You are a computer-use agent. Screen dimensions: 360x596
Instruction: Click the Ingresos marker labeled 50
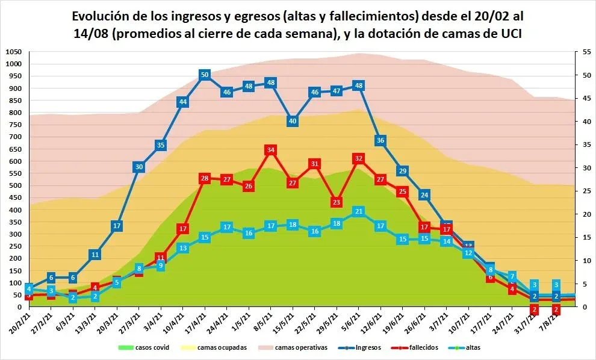pyautogui.click(x=205, y=75)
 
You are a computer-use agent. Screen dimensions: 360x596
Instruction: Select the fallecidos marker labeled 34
pyautogui.click(x=270, y=149)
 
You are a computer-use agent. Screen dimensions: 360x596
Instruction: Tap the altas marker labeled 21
pyautogui.click(x=358, y=211)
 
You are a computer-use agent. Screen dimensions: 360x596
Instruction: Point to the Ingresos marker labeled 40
pyautogui.click(x=293, y=121)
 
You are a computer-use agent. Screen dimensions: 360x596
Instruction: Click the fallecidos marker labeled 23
pyautogui.click(x=337, y=202)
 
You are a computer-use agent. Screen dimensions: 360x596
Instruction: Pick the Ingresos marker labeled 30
pyautogui.click(x=139, y=167)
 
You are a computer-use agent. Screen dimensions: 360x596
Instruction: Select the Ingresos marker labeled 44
pyautogui.click(x=183, y=102)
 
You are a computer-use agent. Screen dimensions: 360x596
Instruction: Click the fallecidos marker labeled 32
pyautogui.click(x=358, y=158)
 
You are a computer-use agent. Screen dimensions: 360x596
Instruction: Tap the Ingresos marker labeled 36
pyautogui.click(x=380, y=140)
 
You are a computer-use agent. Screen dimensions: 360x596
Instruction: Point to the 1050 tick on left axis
pyautogui.click(x=13, y=52)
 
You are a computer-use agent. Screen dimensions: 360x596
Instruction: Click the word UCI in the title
pyautogui.click(x=509, y=34)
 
